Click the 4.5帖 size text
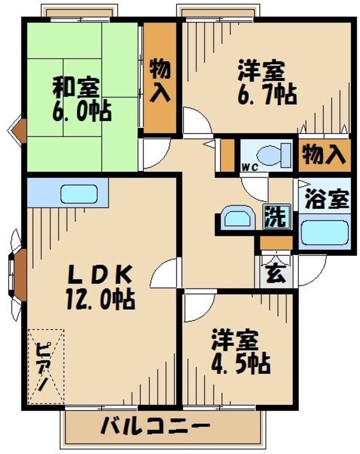238,363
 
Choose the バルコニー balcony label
155,428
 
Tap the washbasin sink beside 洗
236,217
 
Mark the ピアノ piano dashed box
46,365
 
